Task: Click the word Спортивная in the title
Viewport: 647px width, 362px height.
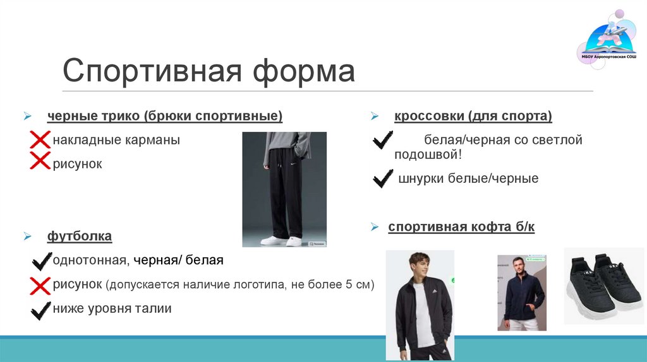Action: point(152,71)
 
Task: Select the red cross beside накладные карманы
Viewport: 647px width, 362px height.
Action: point(40,140)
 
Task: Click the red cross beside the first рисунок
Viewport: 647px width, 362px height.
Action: point(40,162)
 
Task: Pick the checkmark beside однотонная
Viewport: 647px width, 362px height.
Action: point(41,260)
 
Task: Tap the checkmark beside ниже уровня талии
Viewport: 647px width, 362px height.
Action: point(41,309)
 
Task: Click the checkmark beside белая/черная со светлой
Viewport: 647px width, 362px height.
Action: point(383,140)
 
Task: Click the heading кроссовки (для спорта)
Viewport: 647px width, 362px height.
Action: point(473,116)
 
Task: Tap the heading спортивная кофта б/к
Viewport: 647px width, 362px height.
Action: point(461,227)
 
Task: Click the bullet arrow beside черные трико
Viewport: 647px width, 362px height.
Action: point(28,117)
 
